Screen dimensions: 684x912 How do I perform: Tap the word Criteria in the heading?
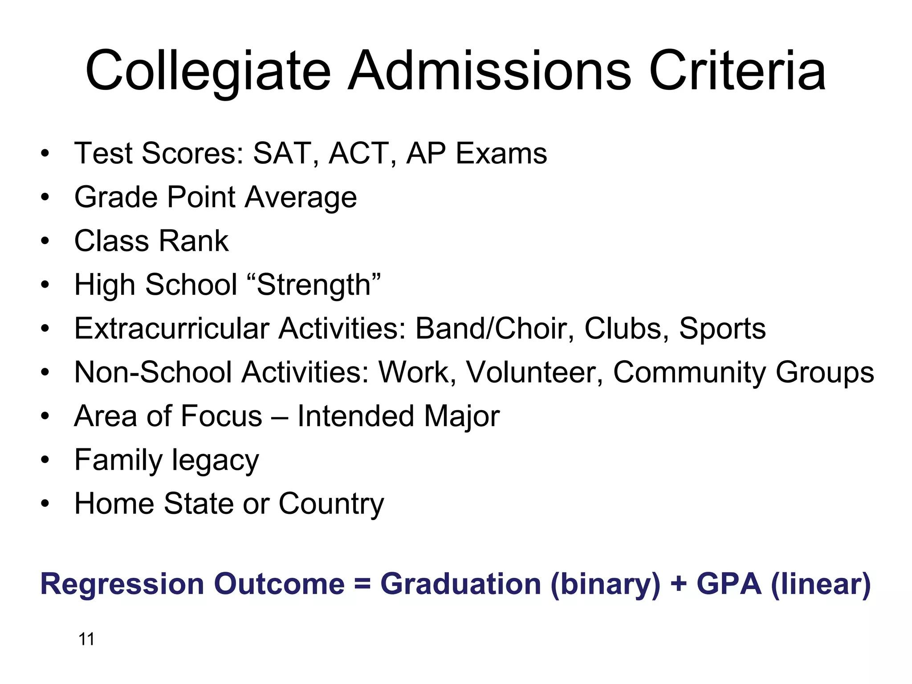(x=737, y=71)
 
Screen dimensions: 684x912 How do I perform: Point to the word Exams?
(x=501, y=154)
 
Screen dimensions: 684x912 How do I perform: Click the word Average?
(x=301, y=197)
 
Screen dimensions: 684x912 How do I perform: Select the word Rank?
(x=193, y=241)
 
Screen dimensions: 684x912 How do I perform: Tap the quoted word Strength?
(x=319, y=285)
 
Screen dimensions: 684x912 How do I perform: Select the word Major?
(x=462, y=416)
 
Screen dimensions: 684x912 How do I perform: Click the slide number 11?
(x=86, y=639)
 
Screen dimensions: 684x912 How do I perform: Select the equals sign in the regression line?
(x=363, y=584)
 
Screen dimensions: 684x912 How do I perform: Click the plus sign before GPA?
(x=679, y=584)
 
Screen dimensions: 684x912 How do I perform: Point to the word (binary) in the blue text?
(x=605, y=584)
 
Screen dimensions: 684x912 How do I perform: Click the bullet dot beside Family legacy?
(x=45, y=460)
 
